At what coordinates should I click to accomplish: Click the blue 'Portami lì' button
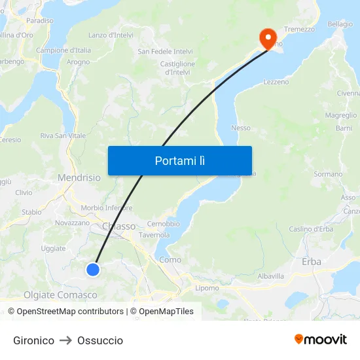click(x=179, y=160)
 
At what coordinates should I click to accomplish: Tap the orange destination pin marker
click(x=267, y=38)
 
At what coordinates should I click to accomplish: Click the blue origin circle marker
click(x=93, y=269)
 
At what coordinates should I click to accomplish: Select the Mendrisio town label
click(x=79, y=177)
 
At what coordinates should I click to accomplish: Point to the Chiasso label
click(x=118, y=226)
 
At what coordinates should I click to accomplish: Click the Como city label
click(x=170, y=260)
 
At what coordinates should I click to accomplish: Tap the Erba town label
click(x=312, y=261)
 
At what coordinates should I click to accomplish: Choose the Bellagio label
click(x=340, y=24)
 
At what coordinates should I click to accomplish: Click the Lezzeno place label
click(x=276, y=82)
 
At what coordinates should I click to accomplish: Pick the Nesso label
click(x=241, y=128)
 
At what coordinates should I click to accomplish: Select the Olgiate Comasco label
click(x=60, y=295)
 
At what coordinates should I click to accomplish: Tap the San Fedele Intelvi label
click(x=165, y=51)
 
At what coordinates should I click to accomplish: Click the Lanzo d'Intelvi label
click(x=111, y=35)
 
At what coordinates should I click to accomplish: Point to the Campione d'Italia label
click(x=63, y=50)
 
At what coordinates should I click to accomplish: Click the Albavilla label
click(x=271, y=276)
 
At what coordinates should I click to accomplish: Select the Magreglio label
click(x=341, y=115)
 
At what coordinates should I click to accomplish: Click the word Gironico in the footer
click(x=33, y=340)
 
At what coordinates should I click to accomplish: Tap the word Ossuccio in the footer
click(x=100, y=340)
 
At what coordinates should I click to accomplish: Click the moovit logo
click(x=320, y=339)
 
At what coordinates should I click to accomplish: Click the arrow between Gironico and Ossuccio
click(x=66, y=340)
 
